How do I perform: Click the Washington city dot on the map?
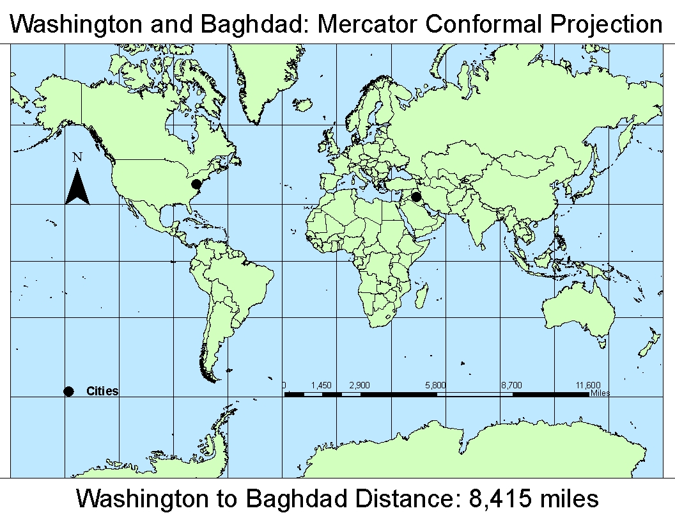(196, 184)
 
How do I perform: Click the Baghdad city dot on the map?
(416, 197)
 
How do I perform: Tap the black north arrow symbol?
(77, 187)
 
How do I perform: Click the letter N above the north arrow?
(77, 157)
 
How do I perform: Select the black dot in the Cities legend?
(69, 391)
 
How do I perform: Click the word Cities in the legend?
(102, 391)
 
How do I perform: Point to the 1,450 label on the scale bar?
(322, 385)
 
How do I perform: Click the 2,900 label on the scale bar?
(360, 385)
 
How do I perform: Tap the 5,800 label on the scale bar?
(435, 385)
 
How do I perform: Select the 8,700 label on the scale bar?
(511, 385)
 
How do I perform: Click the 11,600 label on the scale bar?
(587, 385)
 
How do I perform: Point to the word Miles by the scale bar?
(600, 393)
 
